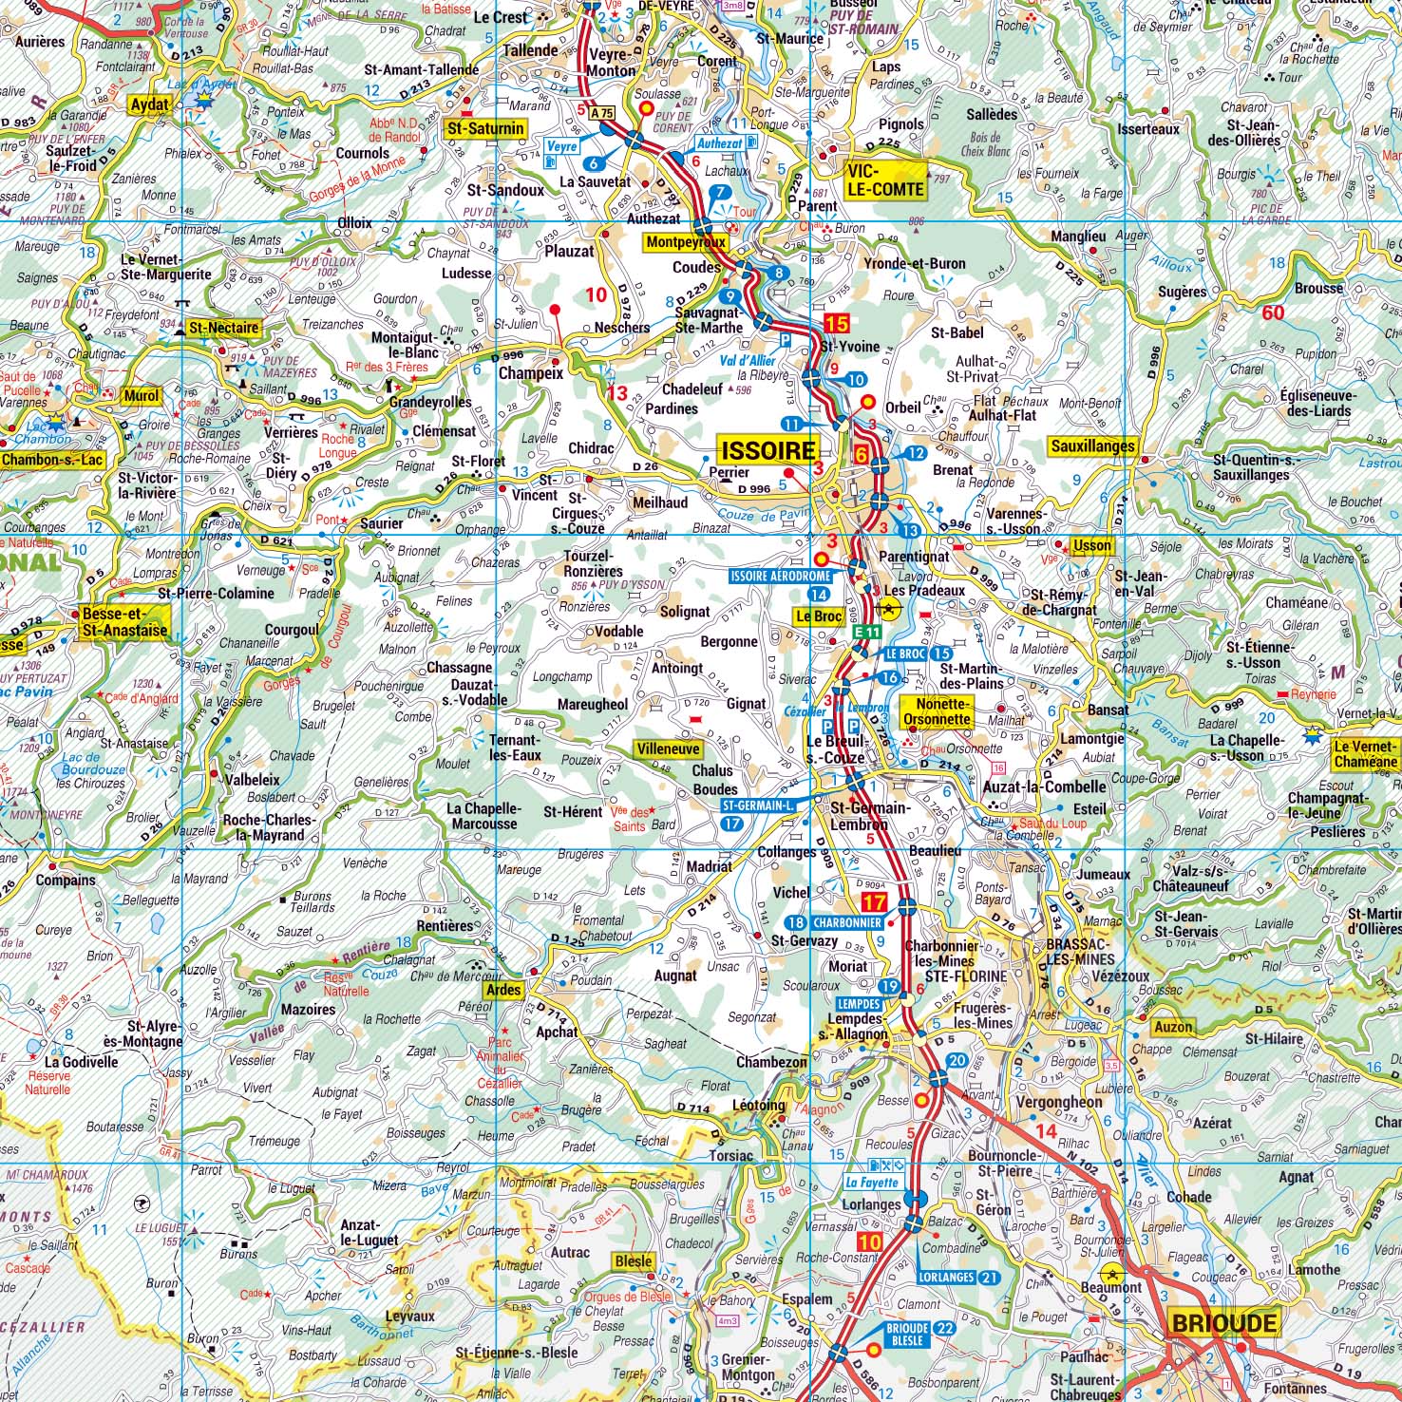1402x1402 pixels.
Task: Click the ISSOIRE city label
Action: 768,450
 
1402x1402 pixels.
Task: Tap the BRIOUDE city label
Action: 1224,1323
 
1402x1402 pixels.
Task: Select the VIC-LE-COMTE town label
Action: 885,180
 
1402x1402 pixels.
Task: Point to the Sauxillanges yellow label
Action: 1092,445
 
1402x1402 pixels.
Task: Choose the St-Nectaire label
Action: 223,328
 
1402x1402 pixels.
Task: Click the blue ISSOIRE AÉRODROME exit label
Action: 781,576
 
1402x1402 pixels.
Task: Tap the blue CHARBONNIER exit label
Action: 847,922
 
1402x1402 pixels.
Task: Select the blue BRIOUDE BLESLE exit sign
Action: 907,1334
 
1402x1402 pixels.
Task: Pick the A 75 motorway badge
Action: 602,113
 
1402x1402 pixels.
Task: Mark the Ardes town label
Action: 503,989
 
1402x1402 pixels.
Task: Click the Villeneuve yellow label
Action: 669,748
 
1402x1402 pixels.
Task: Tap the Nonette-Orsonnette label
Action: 938,711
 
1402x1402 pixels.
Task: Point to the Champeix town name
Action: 531,373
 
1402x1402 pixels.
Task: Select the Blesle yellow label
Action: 633,1261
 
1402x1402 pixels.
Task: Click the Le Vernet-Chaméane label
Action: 1366,753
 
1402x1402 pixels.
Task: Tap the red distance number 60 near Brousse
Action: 1273,313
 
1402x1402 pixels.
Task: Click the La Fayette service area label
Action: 872,1183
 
